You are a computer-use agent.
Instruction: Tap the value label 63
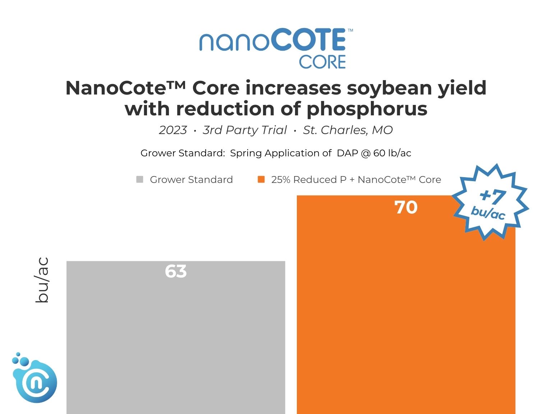pyautogui.click(x=176, y=271)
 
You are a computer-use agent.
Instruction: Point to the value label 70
pyautogui.click(x=406, y=207)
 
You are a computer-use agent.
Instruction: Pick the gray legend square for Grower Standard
pyautogui.click(x=140, y=179)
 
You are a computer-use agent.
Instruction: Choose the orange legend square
pyautogui.click(x=261, y=179)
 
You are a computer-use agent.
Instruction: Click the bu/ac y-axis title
pyautogui.click(x=42, y=280)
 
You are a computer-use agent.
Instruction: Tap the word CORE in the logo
pyautogui.click(x=322, y=62)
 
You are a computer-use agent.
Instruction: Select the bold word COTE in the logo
pyautogui.click(x=308, y=40)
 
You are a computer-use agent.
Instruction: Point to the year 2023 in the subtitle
pyautogui.click(x=173, y=130)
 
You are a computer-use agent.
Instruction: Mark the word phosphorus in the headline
pyautogui.click(x=367, y=109)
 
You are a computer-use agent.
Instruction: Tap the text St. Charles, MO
pyautogui.click(x=348, y=130)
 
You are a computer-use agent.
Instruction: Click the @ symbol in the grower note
pyautogui.click(x=366, y=153)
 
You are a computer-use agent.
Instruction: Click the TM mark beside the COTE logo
pyautogui.click(x=350, y=31)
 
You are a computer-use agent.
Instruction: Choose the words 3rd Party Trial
pyautogui.click(x=245, y=130)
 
